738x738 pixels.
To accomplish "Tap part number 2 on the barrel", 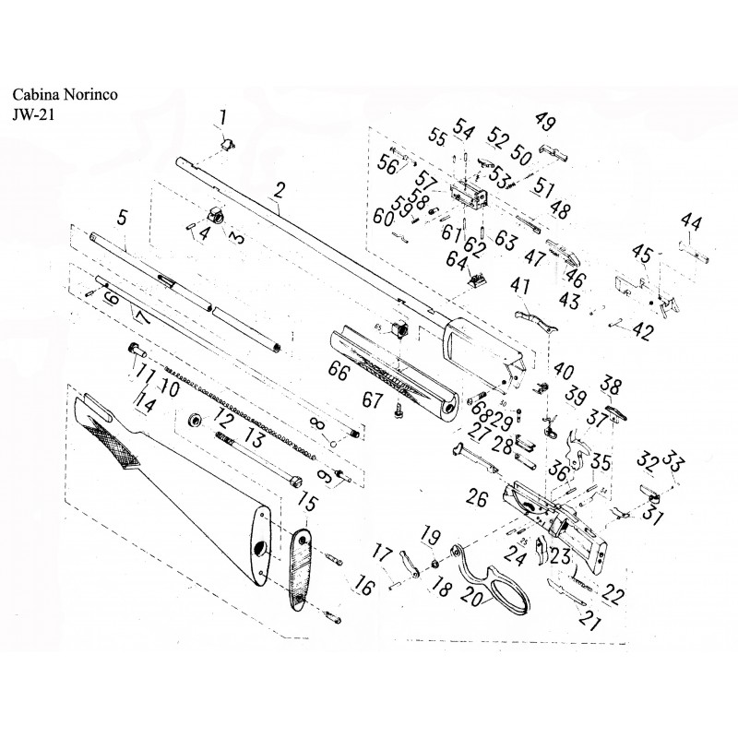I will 280,191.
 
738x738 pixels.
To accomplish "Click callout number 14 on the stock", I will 143,402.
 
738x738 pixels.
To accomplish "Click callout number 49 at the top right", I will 545,123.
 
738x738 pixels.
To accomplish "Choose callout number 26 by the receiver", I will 477,499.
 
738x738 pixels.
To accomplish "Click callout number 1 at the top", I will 221,116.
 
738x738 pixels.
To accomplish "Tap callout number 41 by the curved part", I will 520,286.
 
